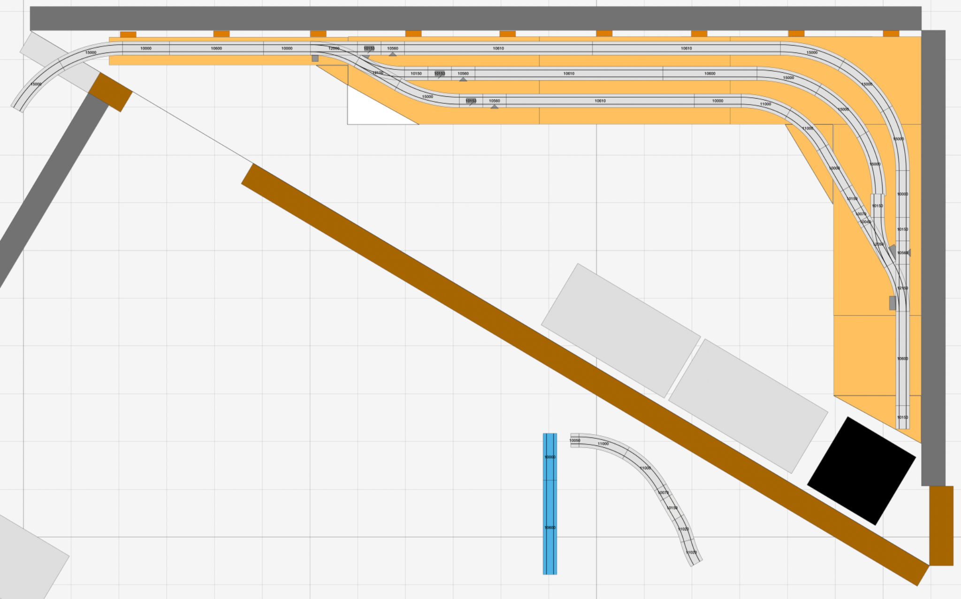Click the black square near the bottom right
[x=862, y=470]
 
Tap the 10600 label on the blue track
[x=550, y=528]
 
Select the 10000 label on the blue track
[x=550, y=457]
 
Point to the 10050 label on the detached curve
[x=575, y=440]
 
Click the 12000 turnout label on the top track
[x=334, y=48]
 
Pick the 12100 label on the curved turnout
[x=378, y=73]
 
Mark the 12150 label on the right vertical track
[x=902, y=288]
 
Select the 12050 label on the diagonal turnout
[x=878, y=244]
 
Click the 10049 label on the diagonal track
[x=865, y=222]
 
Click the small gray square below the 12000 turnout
[x=315, y=58]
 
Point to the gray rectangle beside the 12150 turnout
[x=892, y=303]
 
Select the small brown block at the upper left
[x=110, y=92]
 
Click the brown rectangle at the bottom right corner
[x=941, y=525]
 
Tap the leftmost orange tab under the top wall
[x=128, y=34]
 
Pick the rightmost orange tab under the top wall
[x=891, y=33]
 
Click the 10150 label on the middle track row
[x=416, y=74]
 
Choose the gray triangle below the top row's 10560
[x=393, y=54]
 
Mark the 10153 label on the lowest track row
[x=471, y=101]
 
